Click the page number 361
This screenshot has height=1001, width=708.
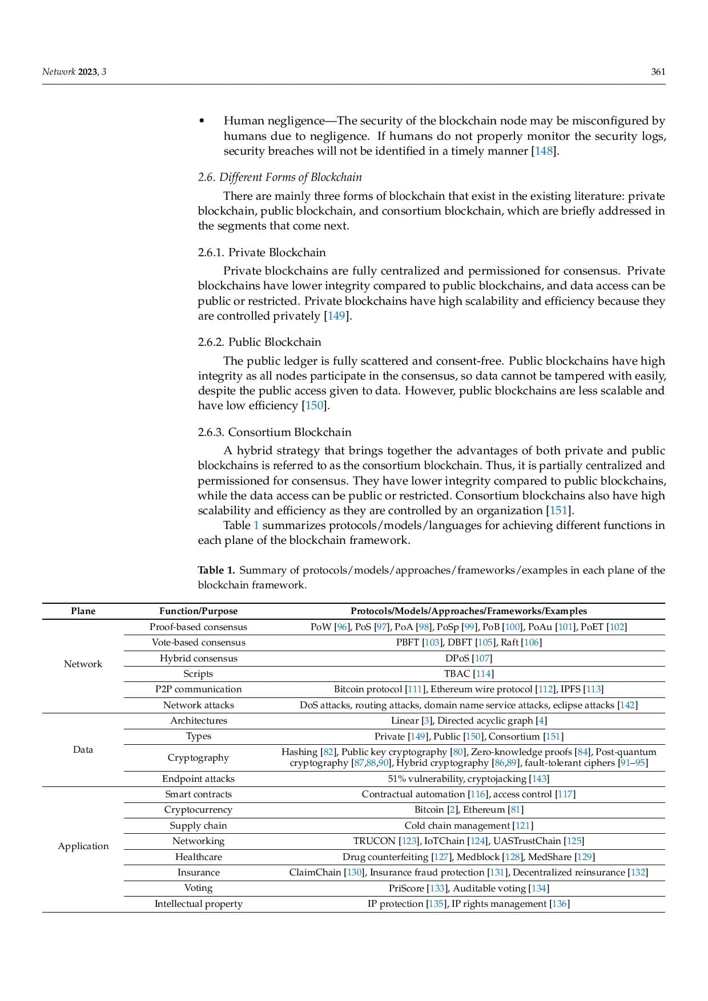pyautogui.click(x=658, y=72)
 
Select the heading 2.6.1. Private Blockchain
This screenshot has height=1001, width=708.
pyautogui.click(x=262, y=252)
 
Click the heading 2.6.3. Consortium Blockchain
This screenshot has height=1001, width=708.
pyautogui.click(x=275, y=432)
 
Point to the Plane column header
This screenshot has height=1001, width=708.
pyautogui.click(x=83, y=611)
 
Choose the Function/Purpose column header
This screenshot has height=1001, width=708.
pyautogui.click(x=198, y=611)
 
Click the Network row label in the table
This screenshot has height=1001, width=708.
pyautogui.click(x=83, y=664)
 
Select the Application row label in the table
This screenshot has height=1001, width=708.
pyautogui.click(x=83, y=846)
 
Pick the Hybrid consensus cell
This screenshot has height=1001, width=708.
pyautogui.click(x=198, y=658)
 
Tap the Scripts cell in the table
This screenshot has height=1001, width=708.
pyautogui.click(x=198, y=674)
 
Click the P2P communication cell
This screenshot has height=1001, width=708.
pyautogui.click(x=198, y=689)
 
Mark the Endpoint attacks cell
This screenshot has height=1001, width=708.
pyautogui.click(x=198, y=779)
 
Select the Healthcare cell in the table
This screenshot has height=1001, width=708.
pyautogui.click(x=198, y=857)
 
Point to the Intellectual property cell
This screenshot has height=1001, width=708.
pyautogui.click(x=198, y=904)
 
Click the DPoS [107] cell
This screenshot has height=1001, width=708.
pyautogui.click(x=468, y=658)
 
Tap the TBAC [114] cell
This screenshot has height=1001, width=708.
pyautogui.click(x=468, y=674)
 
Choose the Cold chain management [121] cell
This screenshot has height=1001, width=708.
pyautogui.click(x=468, y=826)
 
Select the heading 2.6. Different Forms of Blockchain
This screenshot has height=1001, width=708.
pyautogui.click(x=280, y=177)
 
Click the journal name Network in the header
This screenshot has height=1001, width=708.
pyautogui.click(x=59, y=72)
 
